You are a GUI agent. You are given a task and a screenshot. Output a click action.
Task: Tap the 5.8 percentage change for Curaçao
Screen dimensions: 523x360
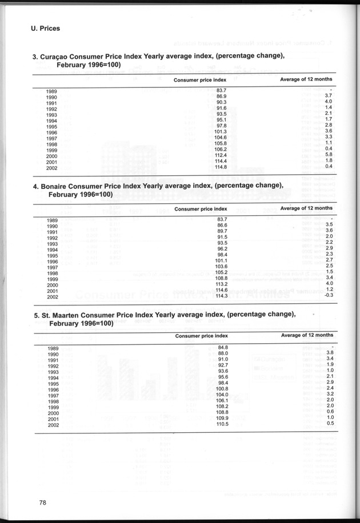[329, 155]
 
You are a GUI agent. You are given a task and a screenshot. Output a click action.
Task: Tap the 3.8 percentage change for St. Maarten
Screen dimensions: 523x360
[329, 353]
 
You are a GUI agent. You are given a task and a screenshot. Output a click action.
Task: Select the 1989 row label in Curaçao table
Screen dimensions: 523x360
[52, 91]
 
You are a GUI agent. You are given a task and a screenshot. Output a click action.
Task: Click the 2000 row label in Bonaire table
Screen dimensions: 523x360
[52, 285]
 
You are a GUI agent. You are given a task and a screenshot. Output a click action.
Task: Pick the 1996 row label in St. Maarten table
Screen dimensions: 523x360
[52, 390]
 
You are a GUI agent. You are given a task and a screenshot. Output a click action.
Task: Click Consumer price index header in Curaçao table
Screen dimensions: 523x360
[200, 80]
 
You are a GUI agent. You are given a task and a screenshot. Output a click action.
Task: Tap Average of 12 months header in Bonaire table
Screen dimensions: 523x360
[306, 208]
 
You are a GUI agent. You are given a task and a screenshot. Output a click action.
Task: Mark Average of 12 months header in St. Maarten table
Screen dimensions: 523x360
[306, 335]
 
